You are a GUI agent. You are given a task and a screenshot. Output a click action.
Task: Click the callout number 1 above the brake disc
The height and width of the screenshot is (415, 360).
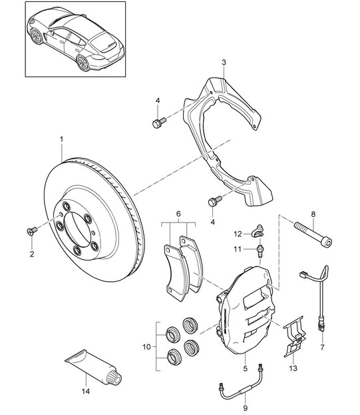pos(62,139)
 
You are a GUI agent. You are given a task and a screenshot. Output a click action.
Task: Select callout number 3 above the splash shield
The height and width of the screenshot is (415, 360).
pos(224,63)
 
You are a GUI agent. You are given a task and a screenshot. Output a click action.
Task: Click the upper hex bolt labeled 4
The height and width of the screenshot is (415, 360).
pos(159,123)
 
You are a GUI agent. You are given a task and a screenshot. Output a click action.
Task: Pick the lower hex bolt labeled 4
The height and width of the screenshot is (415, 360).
pos(215,201)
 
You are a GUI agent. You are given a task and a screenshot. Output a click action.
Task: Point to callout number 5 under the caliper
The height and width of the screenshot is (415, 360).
pos(245,368)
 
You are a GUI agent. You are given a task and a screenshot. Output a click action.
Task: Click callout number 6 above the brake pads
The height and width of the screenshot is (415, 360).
pos(178,214)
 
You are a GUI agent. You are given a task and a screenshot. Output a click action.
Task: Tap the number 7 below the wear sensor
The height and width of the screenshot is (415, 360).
pos(322,347)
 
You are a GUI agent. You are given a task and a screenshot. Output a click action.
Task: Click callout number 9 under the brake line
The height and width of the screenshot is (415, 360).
pos(245,408)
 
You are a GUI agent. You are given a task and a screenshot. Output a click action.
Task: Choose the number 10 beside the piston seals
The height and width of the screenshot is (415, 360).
pos(146,346)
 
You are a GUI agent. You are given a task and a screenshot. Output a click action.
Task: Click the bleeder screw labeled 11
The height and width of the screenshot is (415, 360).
pos(260,251)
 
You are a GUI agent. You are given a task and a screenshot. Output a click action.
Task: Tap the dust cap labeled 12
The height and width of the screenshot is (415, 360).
pos(259,230)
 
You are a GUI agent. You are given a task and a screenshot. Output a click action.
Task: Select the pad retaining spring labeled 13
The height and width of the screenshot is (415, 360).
pos(294,336)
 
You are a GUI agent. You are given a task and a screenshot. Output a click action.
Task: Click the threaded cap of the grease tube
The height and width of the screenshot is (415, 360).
pos(114,377)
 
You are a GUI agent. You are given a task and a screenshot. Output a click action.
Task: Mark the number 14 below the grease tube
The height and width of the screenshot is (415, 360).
pos(86,391)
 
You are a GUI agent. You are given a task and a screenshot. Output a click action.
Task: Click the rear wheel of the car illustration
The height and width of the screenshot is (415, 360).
pos(84,63)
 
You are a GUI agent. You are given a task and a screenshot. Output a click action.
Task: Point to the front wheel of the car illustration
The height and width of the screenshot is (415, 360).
pos(36,36)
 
